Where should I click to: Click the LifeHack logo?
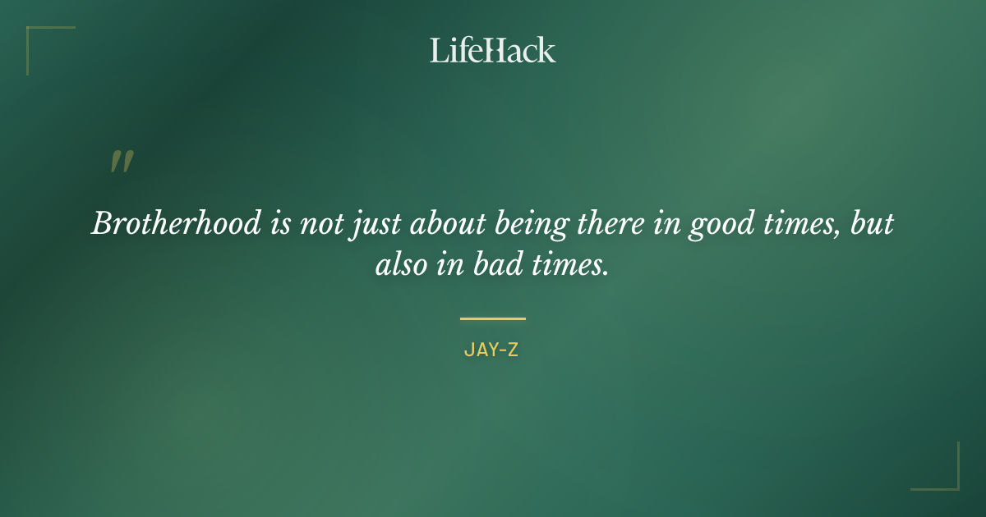pos(492,50)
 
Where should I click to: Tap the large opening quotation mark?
pos(121,162)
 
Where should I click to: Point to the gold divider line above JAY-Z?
pos(492,318)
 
